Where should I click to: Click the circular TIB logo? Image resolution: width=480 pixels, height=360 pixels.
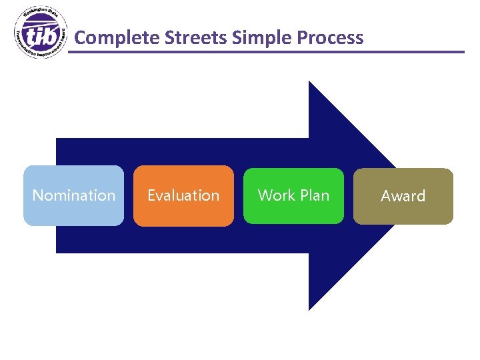click(x=41, y=33)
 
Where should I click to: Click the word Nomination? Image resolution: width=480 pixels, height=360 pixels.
click(x=73, y=195)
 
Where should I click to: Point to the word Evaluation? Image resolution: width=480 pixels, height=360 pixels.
click(x=183, y=195)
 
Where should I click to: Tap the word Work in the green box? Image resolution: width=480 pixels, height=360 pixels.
click(x=275, y=195)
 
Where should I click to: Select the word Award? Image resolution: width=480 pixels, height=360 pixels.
click(x=403, y=196)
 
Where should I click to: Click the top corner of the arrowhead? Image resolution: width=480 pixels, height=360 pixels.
click(x=309, y=82)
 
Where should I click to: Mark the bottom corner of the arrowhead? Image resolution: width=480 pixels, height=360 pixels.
click(x=309, y=309)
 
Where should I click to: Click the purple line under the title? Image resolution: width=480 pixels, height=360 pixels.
click(x=267, y=51)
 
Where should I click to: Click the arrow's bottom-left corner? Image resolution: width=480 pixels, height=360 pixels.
click(x=57, y=252)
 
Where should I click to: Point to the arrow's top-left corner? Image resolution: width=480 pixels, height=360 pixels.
click(x=57, y=139)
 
